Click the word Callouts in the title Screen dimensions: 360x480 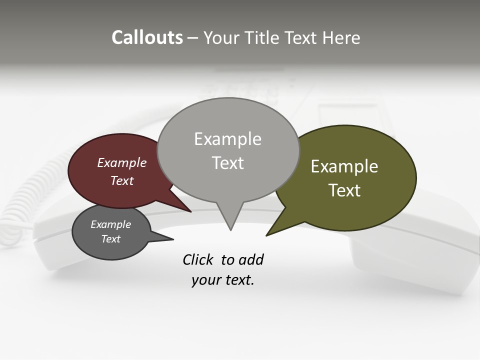pos(147,38)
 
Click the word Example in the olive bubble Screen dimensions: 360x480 pos(344,166)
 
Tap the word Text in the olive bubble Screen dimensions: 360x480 pos(344,190)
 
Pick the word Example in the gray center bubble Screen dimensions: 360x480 pos(227,139)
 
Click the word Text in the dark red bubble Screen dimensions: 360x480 pos(122,181)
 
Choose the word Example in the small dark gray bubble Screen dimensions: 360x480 pos(110,224)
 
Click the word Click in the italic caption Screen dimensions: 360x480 pos(198,259)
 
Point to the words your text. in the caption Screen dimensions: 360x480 pos(223,280)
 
